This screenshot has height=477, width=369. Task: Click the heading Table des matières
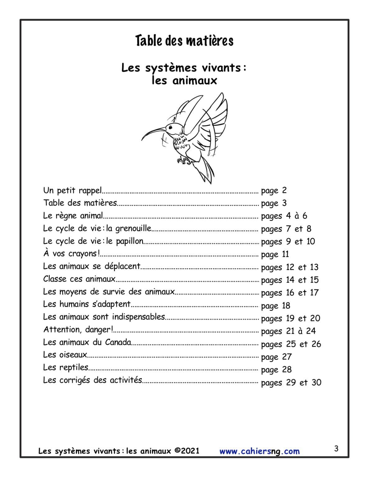pos(184,41)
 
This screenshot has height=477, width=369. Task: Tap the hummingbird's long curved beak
pos(152,130)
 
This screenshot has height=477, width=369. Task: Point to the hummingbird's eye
pos(169,127)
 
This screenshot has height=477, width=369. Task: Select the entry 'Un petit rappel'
pos(72,190)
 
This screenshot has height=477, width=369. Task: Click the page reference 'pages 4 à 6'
pos(284,216)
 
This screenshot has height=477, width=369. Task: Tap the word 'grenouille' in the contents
pos(133,229)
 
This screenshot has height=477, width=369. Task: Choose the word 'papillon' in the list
pos(130,241)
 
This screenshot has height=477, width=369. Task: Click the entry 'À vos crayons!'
pos(71,254)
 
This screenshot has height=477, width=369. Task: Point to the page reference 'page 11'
pos(275,254)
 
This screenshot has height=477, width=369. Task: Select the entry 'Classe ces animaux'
pos(79,279)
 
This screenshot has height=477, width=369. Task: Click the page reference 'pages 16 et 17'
pos(290,293)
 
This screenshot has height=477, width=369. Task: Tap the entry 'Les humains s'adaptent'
pos(87,304)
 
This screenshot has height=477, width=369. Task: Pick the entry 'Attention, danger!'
pos(78,329)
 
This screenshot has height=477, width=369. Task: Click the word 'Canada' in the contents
pos(118,342)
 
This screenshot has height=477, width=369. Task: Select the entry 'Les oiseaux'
pos(65,355)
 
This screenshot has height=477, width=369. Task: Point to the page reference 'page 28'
pos(276,370)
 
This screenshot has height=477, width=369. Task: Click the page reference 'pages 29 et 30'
pos(291,383)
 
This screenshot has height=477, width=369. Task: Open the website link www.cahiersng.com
pos(260,451)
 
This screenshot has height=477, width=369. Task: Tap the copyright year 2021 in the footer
pos(190,451)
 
